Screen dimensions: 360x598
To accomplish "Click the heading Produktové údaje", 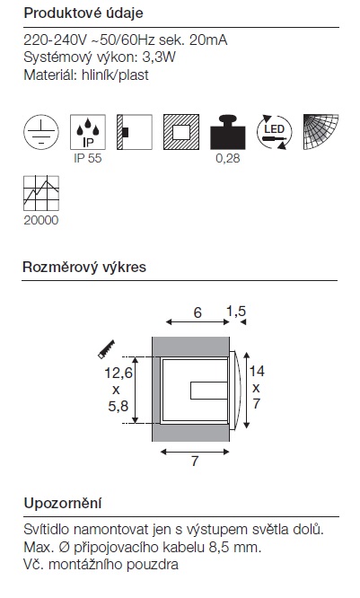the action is coord(83,13).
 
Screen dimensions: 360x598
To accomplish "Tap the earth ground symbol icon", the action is coord(41,132).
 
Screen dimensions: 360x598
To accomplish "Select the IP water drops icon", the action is coord(88,132).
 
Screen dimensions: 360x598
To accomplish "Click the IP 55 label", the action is coord(88,158).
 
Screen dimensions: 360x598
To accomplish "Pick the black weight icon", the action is coord(228,132).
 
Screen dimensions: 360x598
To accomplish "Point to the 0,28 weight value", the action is coord(228,158).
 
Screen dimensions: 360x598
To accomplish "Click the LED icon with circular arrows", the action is coord(275,132).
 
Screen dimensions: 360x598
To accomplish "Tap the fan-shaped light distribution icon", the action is coord(320,132).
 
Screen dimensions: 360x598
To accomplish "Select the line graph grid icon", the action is coord(41,193).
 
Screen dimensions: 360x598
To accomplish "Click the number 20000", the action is coord(41,220).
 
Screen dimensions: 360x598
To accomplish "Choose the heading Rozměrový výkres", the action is coord(84,267).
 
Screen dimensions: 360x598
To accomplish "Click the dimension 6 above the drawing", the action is coord(198,312).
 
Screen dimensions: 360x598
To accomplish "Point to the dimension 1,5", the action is coord(236,312).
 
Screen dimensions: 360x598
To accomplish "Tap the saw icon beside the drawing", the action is coord(107,349).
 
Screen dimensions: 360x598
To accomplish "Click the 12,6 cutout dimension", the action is coord(119,373).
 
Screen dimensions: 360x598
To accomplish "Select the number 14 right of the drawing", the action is coord(257,371).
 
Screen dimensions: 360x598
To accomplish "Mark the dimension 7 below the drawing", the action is coord(195,462).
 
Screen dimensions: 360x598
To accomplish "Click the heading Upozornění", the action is coord(63,504).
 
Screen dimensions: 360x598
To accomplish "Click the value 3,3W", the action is coord(159,57).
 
